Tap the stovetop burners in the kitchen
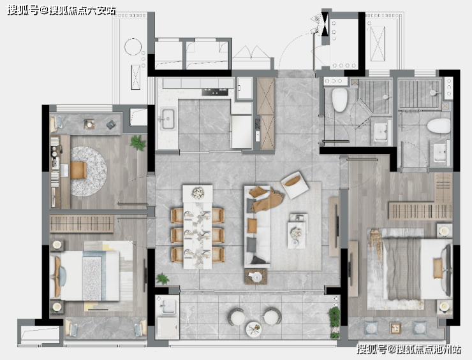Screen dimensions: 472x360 (215, 92)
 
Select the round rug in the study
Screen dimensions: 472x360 (89, 171)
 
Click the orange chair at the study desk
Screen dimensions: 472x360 (78, 170)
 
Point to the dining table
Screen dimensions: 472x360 (198, 227)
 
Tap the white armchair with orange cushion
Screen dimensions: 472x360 (295, 185)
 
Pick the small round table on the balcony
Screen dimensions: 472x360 (253, 329)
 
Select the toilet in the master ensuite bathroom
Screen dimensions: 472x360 (439, 126)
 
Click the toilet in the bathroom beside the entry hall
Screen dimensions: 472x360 (339, 100)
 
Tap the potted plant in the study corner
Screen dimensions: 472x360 (138, 143)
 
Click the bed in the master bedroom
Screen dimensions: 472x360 (409, 269)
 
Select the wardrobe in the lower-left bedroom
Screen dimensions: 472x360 (82, 224)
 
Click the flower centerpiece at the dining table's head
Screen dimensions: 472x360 (198, 193)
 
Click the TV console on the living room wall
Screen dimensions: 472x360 (334, 227)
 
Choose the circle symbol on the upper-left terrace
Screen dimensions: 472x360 (133, 47)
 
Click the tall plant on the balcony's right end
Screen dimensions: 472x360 (334, 322)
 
